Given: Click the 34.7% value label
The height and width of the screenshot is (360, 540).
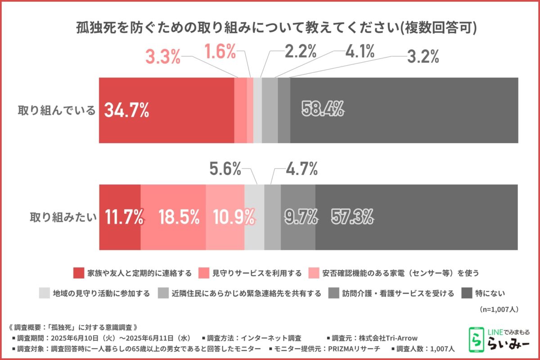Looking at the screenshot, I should (x=126, y=110).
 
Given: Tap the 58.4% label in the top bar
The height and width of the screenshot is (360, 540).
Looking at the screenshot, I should (x=323, y=109).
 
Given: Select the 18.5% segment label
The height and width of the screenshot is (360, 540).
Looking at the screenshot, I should (x=179, y=217).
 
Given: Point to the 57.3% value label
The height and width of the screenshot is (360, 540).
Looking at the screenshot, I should (x=352, y=217).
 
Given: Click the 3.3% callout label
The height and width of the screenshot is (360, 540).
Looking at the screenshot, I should (x=162, y=57).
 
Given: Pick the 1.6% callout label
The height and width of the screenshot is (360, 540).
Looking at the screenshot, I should (x=220, y=52).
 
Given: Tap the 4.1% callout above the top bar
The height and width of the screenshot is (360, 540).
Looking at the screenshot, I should (x=360, y=52).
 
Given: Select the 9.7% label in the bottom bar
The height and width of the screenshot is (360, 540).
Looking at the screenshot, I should (x=301, y=217).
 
